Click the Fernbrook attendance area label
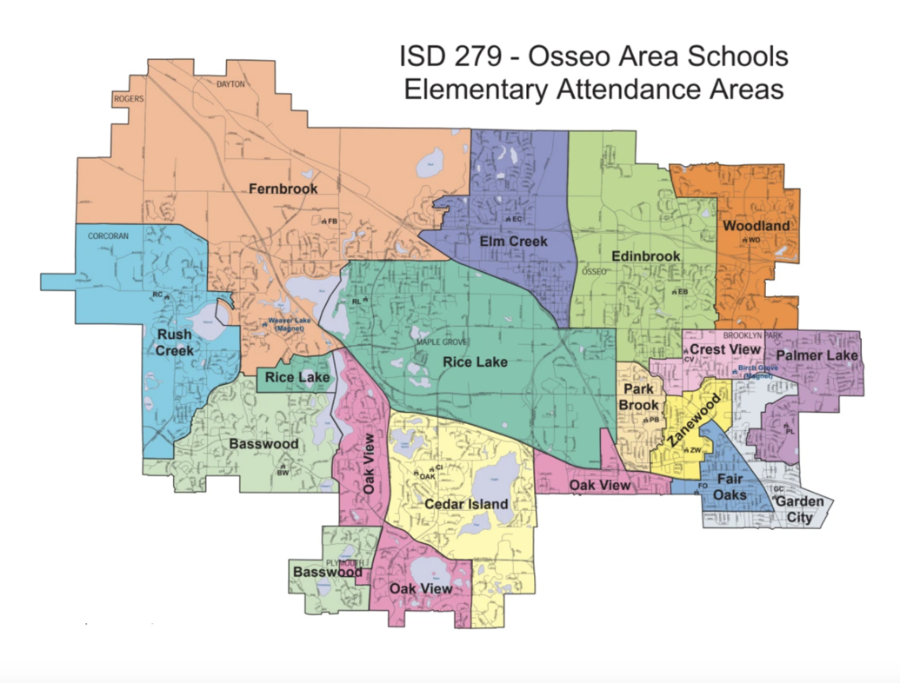(283, 189)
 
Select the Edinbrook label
(645, 257)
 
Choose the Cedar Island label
(466, 504)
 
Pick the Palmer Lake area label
(817, 356)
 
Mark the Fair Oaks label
(730, 488)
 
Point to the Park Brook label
(639, 398)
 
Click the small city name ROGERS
(128, 99)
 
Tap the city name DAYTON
(231, 85)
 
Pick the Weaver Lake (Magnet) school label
(276, 326)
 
